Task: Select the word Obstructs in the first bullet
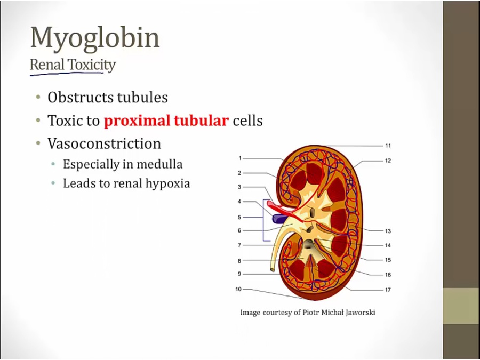point(80,98)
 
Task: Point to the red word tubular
point(201,121)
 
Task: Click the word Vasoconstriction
point(104,143)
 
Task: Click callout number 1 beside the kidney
point(241,158)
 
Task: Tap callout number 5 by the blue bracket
point(239,218)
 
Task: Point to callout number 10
point(238,289)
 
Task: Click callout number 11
point(388,146)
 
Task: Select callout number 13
point(388,231)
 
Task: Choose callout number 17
point(388,290)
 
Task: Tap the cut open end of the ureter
point(272,270)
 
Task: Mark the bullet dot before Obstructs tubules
point(38,98)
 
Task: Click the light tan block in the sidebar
point(461,306)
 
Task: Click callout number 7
point(239,245)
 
